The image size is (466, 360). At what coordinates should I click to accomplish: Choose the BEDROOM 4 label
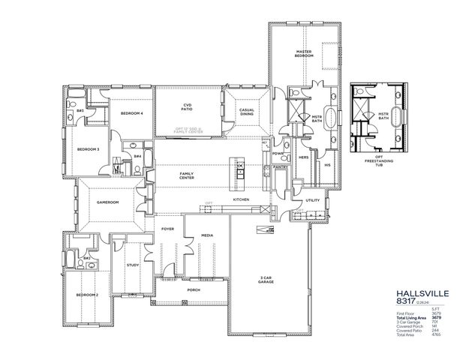(131, 113)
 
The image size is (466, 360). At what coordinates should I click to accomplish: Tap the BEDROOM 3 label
(88, 149)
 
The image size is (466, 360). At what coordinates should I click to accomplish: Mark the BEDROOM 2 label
(87, 295)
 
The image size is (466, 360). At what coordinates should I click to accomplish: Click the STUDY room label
(132, 264)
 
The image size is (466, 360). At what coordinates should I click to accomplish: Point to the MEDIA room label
(206, 235)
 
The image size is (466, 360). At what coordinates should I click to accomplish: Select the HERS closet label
(304, 157)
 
